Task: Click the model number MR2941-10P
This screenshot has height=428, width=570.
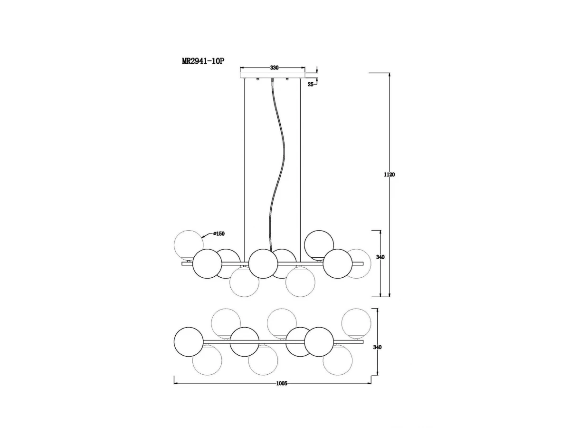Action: pos(202,61)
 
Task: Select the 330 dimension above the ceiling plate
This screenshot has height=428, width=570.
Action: pos(274,68)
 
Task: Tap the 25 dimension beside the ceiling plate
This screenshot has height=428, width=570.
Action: pos(311,85)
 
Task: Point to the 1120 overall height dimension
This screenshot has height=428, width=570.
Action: pos(389,175)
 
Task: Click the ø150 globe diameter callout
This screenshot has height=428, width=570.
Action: pos(219,233)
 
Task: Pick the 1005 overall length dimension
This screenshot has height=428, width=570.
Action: pos(282,384)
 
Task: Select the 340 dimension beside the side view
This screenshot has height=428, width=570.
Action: pos(380,257)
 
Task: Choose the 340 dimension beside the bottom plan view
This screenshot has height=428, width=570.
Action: pos(377,347)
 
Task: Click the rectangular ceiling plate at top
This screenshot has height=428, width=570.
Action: pos(272,75)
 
